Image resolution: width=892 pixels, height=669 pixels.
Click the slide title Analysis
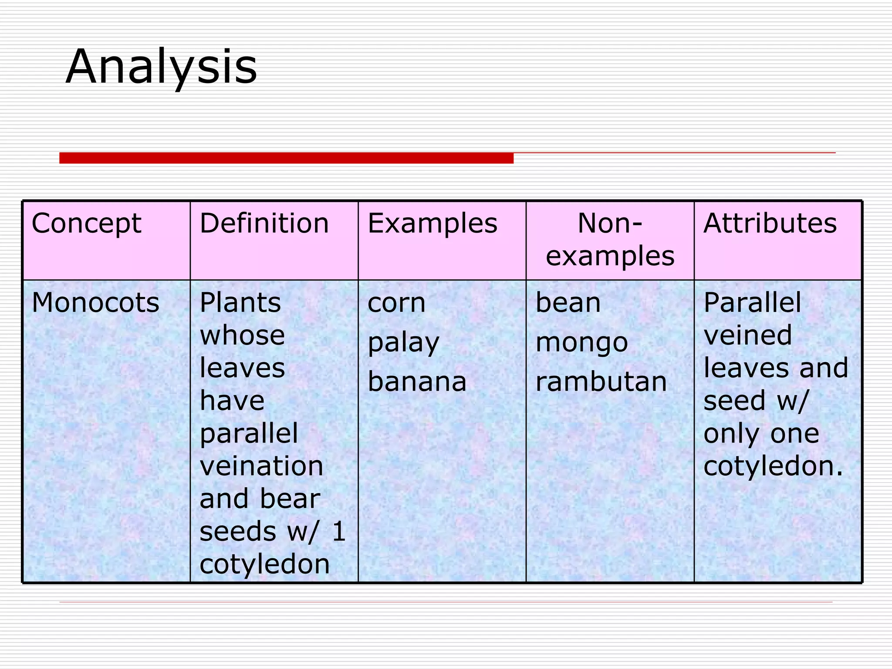pos(161,68)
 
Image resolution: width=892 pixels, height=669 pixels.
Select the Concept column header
pos(86,223)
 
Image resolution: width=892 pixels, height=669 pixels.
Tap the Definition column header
pos(264,223)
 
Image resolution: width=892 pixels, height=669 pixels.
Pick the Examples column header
pos(432,223)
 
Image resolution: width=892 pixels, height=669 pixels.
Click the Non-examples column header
pos(610,240)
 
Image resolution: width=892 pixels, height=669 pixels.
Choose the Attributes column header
pos(770,223)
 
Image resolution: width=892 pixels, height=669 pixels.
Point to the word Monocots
pos(95,302)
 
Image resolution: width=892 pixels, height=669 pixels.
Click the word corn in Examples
pos(396,302)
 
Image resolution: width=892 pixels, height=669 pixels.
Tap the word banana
pos(417,382)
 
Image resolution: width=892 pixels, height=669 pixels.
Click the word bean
pos(568,302)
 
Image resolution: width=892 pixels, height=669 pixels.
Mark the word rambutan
pos(601,382)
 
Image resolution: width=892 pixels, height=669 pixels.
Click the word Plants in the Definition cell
pos(240,302)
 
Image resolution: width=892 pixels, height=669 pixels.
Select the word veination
pos(261,466)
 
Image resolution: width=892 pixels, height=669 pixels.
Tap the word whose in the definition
pos(242,335)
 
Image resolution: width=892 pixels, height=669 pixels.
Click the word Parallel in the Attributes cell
pos(752,302)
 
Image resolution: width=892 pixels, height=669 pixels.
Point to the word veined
pos(747,335)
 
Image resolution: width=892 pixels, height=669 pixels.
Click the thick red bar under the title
pos(286,158)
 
